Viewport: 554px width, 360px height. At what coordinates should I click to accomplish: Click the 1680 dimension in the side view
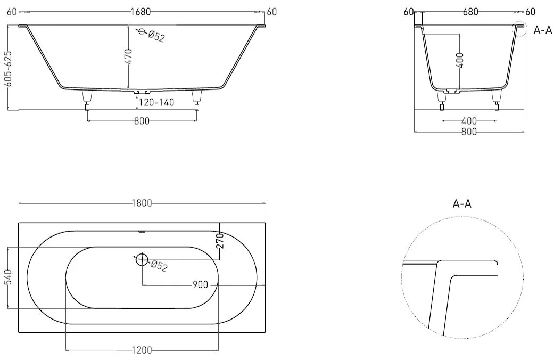coord(140,12)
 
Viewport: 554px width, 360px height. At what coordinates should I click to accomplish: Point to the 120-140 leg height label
coord(156,102)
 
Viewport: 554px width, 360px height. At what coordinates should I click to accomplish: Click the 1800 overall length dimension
coord(142,203)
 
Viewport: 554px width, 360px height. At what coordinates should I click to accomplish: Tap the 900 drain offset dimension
coord(200,285)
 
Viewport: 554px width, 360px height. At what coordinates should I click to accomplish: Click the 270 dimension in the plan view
coord(220,241)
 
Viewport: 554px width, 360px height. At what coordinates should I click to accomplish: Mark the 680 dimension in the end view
coord(470,12)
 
